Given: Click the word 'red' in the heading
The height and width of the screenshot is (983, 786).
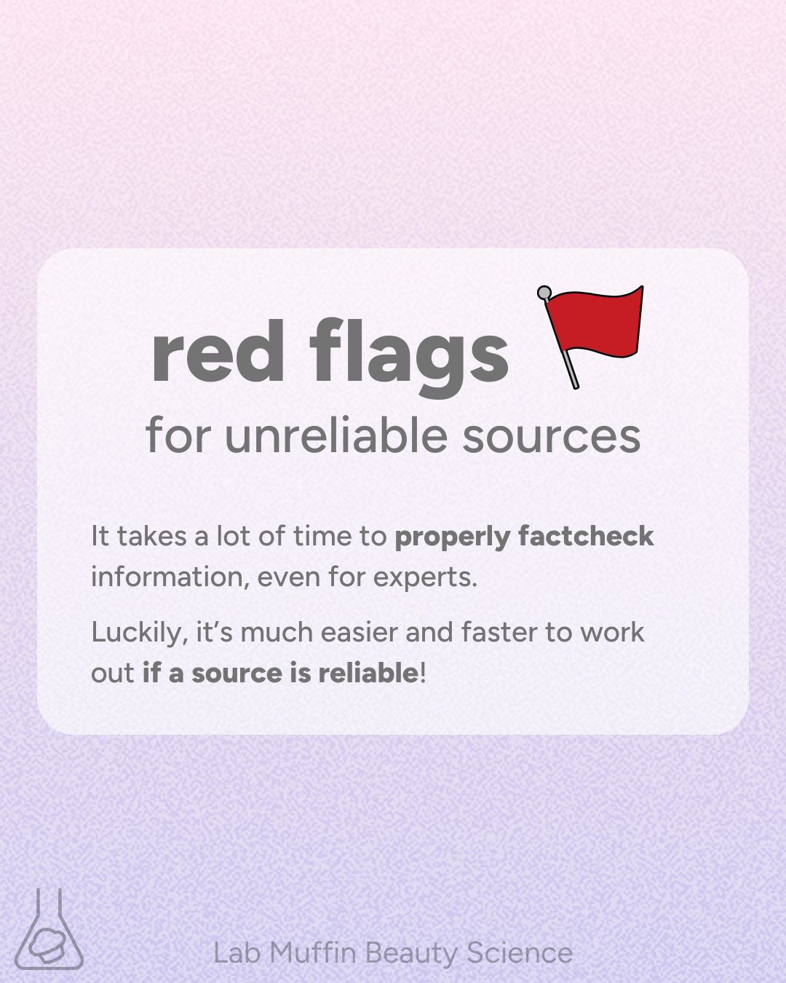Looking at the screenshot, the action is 218,351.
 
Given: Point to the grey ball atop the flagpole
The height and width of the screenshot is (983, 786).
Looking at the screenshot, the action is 544,292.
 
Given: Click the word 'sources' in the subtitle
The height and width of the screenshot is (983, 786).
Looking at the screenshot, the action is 551,439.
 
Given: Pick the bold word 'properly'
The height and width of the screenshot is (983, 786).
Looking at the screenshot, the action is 452,537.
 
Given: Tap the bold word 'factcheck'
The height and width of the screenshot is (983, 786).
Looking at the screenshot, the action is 586,535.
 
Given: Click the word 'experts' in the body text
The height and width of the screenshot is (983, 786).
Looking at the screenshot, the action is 425,578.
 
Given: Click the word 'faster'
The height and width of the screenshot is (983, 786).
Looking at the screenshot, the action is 499,633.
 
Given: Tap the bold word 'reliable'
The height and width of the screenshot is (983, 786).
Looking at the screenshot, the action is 368,674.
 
